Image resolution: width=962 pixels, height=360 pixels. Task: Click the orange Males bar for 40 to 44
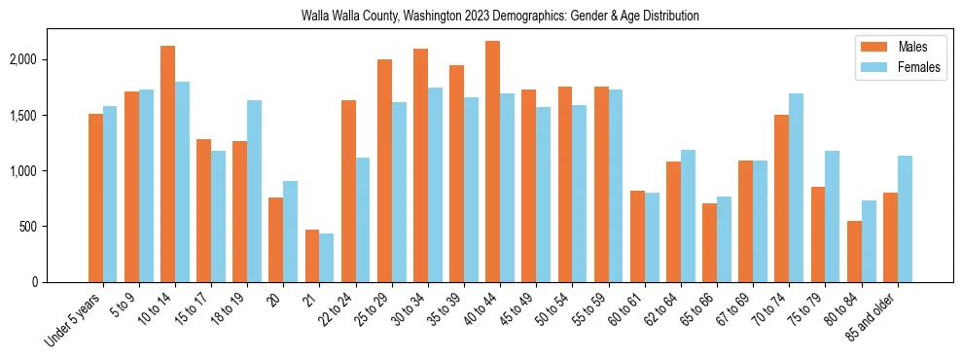[x=493, y=162]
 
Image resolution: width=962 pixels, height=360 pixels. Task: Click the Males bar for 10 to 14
[x=168, y=163]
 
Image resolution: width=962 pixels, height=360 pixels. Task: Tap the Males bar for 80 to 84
[x=854, y=251]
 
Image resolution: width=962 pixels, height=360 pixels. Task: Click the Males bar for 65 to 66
[x=710, y=242]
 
